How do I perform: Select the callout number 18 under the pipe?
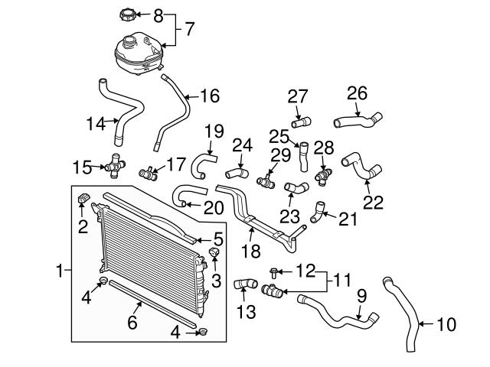(x=250, y=250)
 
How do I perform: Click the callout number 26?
(x=358, y=93)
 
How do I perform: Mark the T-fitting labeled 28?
(x=323, y=174)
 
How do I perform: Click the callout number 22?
(x=373, y=203)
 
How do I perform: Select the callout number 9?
(x=361, y=294)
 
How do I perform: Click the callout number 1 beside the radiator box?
(x=60, y=270)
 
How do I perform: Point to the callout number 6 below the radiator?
(x=132, y=323)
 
